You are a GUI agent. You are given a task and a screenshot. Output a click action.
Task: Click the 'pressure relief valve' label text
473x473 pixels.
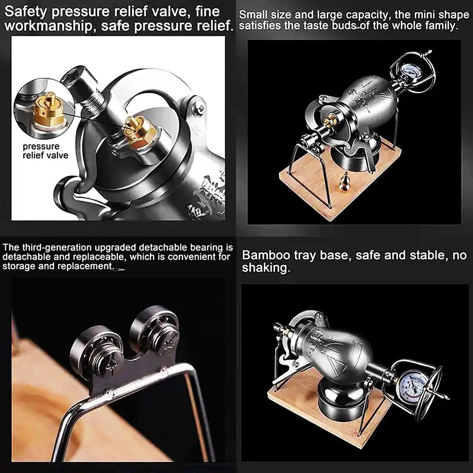tap(45, 151)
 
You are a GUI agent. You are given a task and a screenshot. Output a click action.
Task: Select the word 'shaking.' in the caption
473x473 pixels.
tap(266, 268)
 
